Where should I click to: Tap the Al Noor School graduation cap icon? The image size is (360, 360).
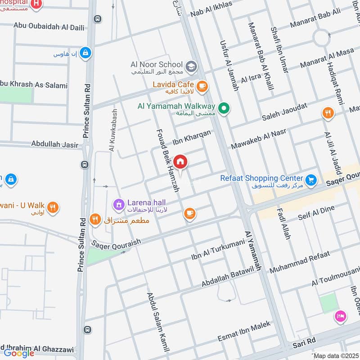(191, 66)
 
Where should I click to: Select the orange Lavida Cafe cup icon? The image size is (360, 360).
(202, 85)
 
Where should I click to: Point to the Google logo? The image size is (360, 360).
(19, 353)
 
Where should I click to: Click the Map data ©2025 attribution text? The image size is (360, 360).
(336, 355)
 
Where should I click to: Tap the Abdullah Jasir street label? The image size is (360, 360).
(54, 144)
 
